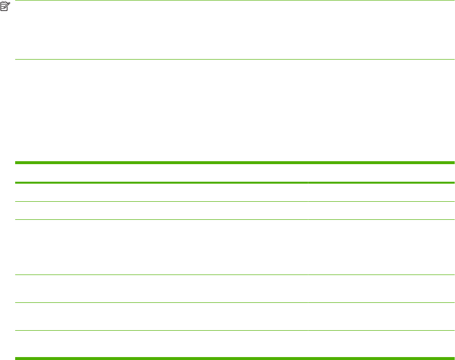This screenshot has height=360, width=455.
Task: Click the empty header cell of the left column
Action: coord(161,172)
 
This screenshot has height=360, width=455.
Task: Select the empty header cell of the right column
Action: coord(381,172)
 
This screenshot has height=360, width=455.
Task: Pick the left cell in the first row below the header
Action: coord(161,192)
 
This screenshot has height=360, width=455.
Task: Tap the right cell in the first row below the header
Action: coord(381,192)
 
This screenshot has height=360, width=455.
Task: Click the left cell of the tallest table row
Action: coord(161,247)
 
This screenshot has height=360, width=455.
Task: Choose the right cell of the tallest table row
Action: coord(381,247)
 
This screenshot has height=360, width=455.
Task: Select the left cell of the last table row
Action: coord(161,344)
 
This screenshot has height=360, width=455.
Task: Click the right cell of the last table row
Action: coord(381,344)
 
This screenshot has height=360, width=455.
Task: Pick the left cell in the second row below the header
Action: coord(161,211)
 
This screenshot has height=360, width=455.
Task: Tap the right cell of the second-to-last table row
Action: coord(381,317)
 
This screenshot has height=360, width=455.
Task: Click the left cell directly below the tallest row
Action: coord(161,289)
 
